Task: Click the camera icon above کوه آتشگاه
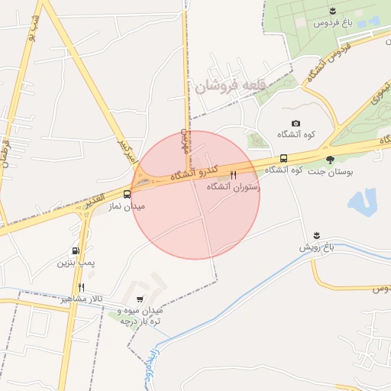tap(296, 124)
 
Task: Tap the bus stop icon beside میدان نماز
tap(127, 194)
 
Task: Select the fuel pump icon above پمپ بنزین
tap(75, 251)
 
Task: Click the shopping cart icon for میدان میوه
tap(138, 299)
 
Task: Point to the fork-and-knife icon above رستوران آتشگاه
tap(234, 175)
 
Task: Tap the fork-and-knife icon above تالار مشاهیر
tap(81, 286)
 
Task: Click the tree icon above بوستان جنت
tap(330, 160)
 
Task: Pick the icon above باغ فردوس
tap(331, 10)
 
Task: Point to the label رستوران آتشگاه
tap(234, 186)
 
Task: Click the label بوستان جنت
tap(328, 171)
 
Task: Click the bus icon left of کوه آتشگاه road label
tap(283, 159)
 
